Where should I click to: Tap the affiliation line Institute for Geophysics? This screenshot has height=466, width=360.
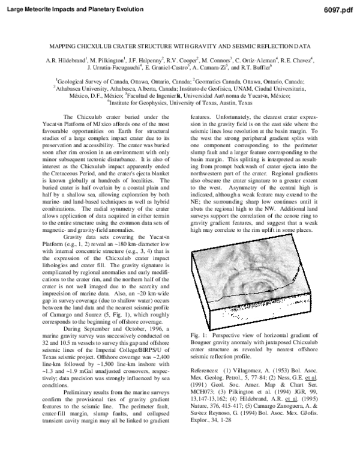pos(180,103)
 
